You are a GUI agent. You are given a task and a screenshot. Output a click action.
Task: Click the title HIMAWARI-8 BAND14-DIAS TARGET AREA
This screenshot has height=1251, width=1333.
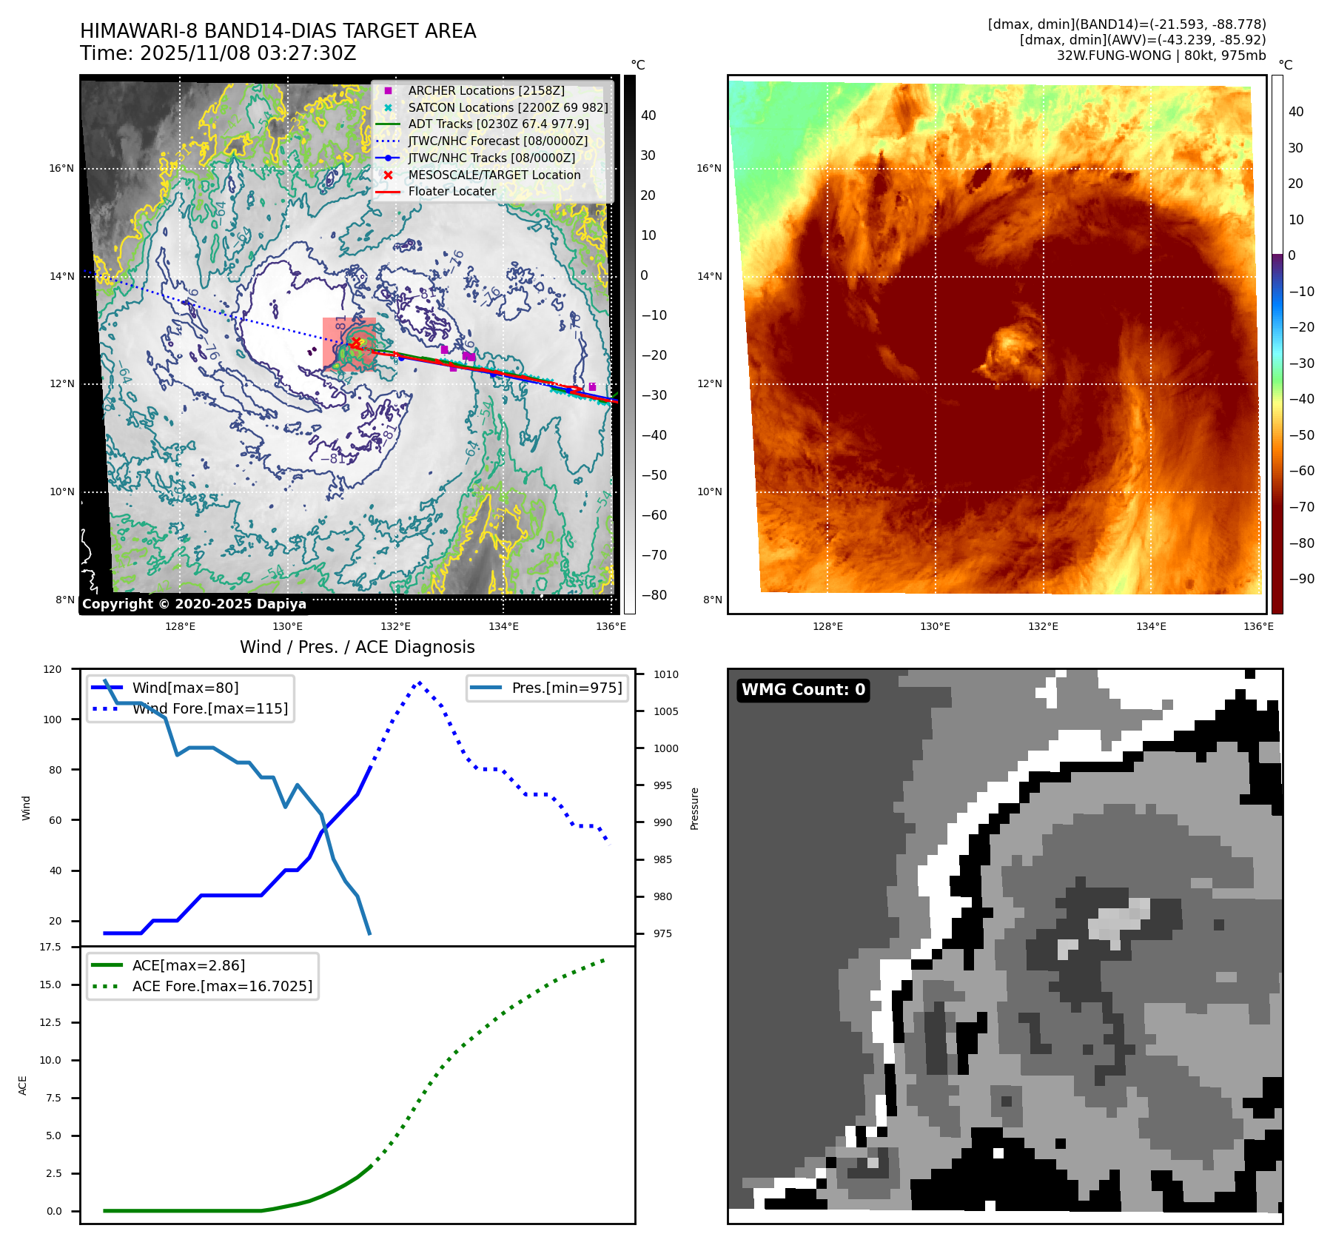pos(278,31)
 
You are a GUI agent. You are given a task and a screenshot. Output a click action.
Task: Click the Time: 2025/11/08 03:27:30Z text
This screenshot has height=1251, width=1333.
pos(218,53)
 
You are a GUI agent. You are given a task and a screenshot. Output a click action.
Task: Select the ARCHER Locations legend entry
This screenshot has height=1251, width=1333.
pos(486,90)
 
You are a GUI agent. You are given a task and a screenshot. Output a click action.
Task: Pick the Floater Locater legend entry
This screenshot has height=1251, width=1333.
pos(451,191)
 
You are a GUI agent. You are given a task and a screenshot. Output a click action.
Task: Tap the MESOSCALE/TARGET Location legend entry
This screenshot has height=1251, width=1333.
pos(494,175)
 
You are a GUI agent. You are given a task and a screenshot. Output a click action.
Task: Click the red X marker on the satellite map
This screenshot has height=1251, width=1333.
pos(356,343)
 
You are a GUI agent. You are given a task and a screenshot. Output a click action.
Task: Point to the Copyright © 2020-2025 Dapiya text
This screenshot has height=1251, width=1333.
pos(194,604)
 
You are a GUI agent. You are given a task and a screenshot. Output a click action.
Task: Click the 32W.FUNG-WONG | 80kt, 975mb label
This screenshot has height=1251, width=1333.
pos(1161,56)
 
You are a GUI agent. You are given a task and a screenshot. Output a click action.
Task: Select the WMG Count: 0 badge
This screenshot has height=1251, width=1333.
pos(803,690)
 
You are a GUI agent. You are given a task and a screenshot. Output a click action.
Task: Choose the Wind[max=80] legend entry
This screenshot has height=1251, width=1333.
pos(185,688)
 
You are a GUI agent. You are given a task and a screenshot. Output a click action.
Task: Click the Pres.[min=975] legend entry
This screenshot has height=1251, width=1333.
pos(566,688)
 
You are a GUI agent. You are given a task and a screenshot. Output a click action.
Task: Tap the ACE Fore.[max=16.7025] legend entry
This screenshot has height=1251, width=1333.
pos(222,986)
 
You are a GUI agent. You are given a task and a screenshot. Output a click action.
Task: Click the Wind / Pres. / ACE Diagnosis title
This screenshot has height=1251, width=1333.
pos(357,647)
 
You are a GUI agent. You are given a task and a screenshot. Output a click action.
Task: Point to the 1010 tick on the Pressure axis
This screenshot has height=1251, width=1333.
pos(665,674)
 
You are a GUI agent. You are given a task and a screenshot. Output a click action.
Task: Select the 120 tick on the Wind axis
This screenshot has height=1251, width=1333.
pos(53,669)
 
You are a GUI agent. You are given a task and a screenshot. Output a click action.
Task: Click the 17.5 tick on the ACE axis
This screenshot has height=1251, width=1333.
pos(50,947)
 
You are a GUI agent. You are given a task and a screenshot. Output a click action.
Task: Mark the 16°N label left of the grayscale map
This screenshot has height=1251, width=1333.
pos(61,168)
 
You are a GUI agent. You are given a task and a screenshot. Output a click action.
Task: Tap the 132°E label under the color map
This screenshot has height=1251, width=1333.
pos(1043,626)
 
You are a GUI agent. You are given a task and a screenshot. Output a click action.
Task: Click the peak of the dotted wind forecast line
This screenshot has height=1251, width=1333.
pos(420,682)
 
